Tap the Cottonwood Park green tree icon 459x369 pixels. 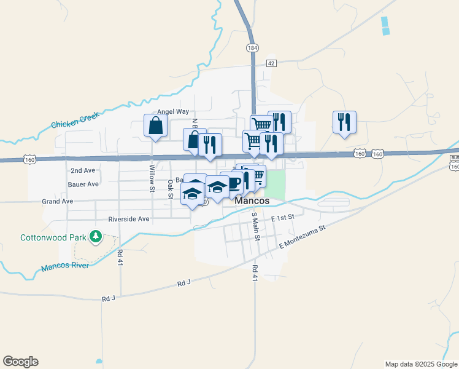95,236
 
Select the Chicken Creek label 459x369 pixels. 75,120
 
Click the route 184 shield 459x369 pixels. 252,48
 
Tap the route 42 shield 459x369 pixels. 271,63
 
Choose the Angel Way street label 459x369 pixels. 172,112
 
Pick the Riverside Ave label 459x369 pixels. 129,219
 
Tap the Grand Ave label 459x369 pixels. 57,201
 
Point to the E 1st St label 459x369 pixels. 283,218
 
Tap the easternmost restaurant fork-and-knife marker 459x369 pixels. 344,121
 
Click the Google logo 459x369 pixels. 20,362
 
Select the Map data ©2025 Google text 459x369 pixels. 420,364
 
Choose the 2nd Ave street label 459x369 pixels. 83,170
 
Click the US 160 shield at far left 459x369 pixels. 29,159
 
